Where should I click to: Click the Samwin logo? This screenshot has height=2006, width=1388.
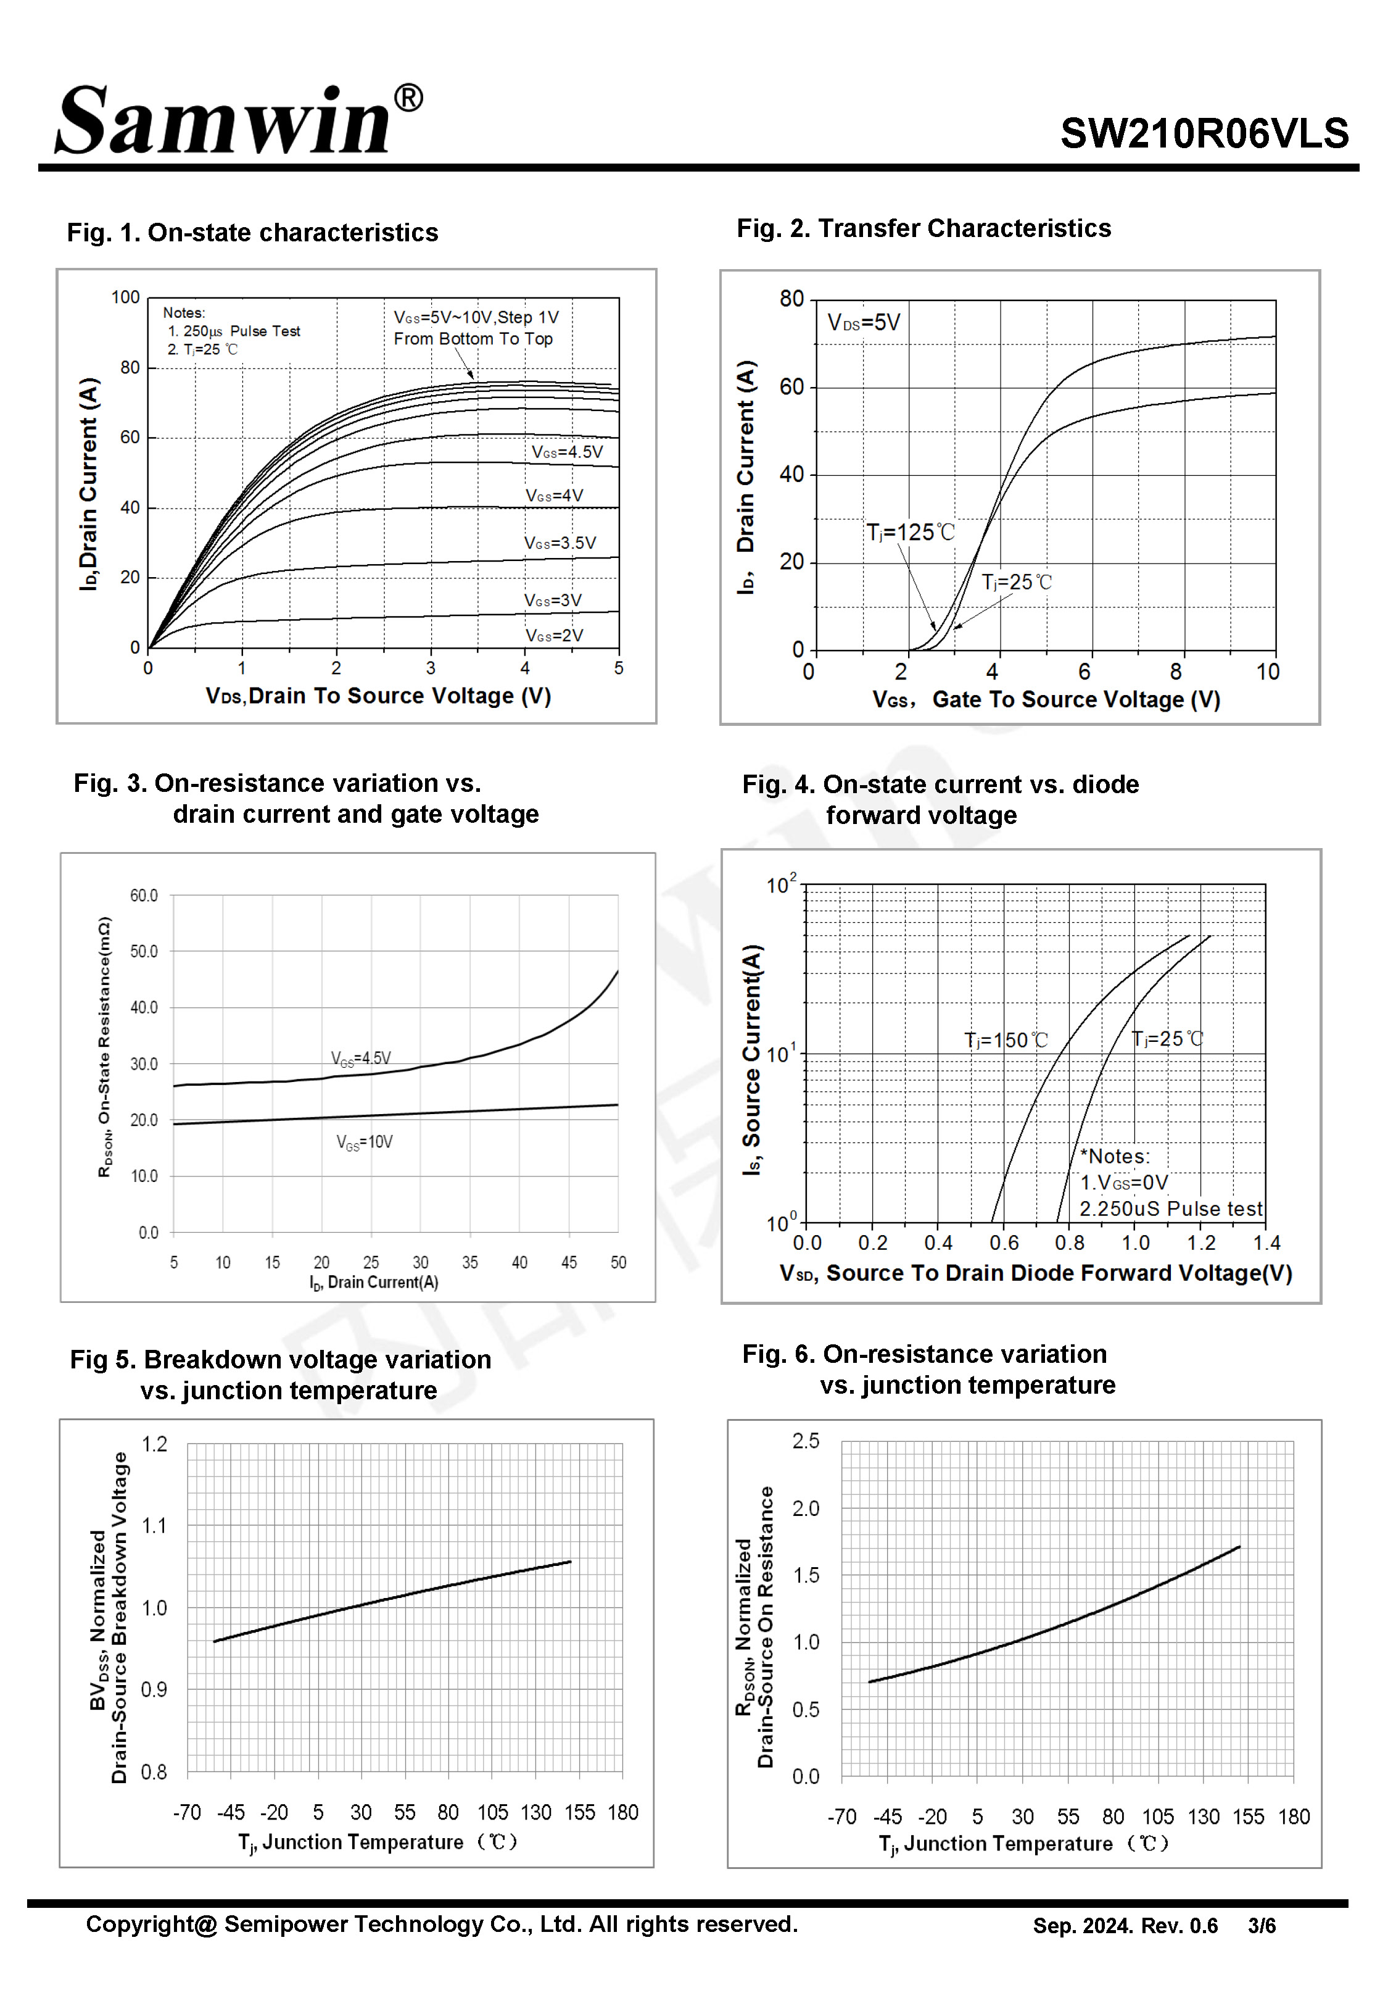(239, 119)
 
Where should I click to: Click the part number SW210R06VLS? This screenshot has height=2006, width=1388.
(1205, 133)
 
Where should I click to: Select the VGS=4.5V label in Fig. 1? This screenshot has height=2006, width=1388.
(567, 451)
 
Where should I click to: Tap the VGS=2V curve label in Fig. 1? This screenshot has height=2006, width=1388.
(554, 635)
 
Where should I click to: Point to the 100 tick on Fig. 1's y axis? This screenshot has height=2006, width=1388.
(125, 297)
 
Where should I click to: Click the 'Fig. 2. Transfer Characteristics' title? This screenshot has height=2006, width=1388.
(923, 228)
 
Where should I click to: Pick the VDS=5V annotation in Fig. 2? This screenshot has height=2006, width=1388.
(864, 323)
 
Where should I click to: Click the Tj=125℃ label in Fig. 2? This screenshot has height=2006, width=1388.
(910, 531)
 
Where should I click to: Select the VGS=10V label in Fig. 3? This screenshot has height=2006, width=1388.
(365, 1141)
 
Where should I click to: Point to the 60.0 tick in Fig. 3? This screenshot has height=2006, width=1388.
(144, 895)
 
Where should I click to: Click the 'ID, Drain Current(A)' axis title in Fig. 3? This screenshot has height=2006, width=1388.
(374, 1282)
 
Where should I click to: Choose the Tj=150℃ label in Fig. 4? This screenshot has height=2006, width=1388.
(1006, 1039)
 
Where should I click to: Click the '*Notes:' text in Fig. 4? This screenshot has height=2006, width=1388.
(1115, 1156)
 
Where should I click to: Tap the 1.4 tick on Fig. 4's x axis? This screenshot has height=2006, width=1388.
(1266, 1242)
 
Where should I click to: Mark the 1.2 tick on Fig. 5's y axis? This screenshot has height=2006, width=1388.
(154, 1444)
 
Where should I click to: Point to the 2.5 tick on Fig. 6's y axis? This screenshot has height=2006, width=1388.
(805, 1441)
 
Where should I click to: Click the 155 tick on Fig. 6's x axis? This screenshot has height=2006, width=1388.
(1248, 1817)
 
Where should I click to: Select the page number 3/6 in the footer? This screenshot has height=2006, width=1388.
(1262, 1926)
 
